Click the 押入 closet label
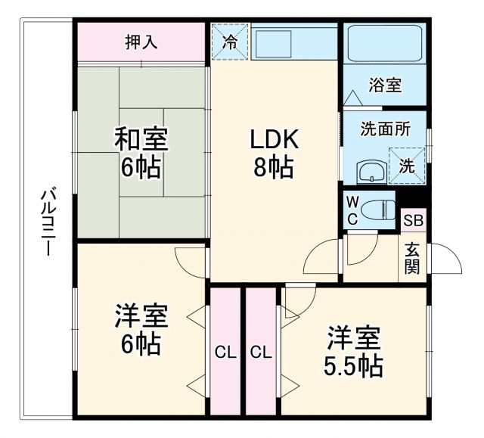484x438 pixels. pos(141,42)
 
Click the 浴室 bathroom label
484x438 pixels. pos(385,85)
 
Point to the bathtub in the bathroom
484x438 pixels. pos(384,45)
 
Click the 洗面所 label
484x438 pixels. pos(385,129)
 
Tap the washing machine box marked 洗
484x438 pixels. pos(407,166)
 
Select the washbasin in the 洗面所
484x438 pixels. pos(370,172)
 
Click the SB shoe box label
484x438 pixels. pos(414,221)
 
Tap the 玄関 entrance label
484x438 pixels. pos(413,257)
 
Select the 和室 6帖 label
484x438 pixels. pos(141,153)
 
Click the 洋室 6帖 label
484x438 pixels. pos(141,330)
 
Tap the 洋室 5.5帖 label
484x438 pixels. pos(353,352)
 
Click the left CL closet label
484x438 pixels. pos(225,352)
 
